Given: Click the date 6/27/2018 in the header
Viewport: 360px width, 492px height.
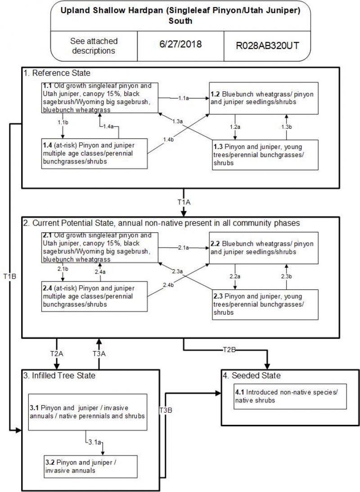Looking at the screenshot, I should point(180,45).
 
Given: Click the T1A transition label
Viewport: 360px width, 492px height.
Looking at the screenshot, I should point(184,202).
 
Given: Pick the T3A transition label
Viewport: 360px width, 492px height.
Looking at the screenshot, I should point(99,354).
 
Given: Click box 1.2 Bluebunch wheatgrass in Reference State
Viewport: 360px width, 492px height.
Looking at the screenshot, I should point(264,98).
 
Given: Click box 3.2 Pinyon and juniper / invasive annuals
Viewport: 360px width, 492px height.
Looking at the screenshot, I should point(90,466).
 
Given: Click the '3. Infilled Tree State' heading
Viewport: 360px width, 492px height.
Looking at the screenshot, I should point(60,375).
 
